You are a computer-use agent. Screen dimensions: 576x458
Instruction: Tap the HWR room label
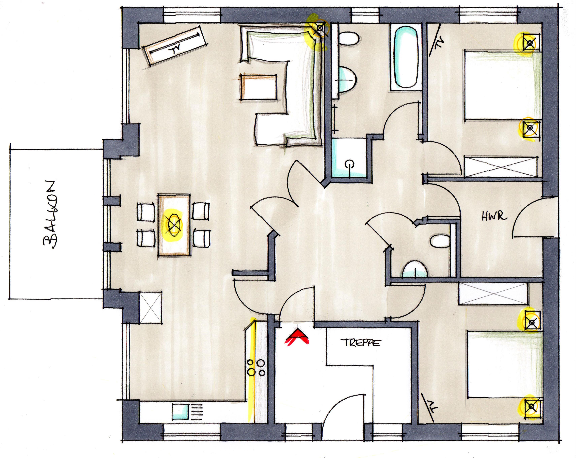494,216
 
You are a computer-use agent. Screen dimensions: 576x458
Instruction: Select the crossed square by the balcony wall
150,308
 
